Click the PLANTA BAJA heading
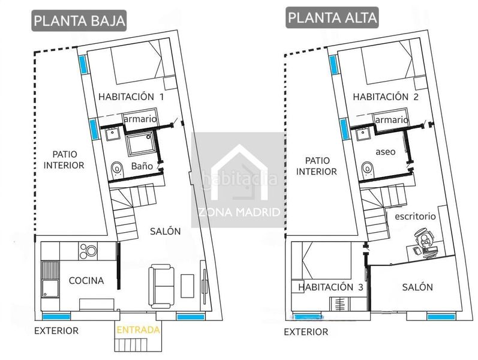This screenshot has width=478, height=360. click(x=79, y=20)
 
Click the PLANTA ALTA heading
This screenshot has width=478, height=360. click(x=332, y=17)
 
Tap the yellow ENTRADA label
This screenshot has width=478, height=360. click(x=138, y=330)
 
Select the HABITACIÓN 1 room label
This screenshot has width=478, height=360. click(x=131, y=97)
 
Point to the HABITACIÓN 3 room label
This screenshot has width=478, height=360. click(x=330, y=287)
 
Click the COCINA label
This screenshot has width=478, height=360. click(x=86, y=281)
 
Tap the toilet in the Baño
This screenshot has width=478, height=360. click(x=117, y=170)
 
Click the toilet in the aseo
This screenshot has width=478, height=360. click(x=367, y=170)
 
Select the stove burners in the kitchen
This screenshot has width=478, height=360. click(x=88, y=251)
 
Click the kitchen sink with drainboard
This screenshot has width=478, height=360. click(x=50, y=279)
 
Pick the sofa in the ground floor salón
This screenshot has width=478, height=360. click(x=161, y=286)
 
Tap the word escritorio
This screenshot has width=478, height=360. click(x=415, y=217)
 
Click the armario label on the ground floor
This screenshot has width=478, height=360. click(x=140, y=119)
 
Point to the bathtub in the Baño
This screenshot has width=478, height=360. click(x=140, y=145)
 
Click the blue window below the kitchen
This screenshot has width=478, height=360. click(x=56, y=317)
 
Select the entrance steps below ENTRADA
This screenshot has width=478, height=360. click(x=131, y=345)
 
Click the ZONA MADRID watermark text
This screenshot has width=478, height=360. click(x=239, y=212)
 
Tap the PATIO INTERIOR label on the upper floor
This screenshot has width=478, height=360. click(x=317, y=166)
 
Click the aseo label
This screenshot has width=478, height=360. click(x=385, y=152)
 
